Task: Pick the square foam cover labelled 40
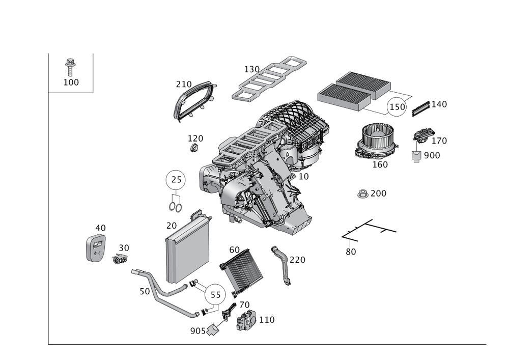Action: click(x=96, y=247)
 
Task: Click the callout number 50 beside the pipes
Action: click(x=144, y=291)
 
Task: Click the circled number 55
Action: click(x=216, y=295)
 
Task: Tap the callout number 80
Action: click(x=350, y=252)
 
